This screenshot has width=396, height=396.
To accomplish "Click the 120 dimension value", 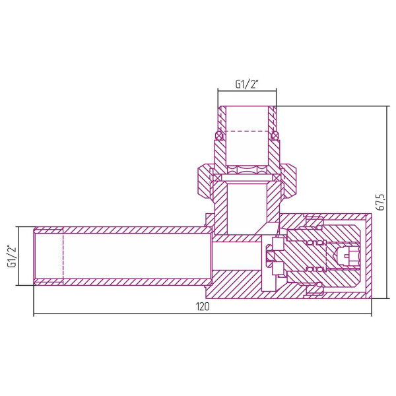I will click(203, 308).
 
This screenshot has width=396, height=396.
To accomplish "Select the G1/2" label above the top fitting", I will click(246, 84).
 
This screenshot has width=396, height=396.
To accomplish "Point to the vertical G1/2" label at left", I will click(11, 256).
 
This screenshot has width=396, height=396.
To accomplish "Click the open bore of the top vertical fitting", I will click(246, 119).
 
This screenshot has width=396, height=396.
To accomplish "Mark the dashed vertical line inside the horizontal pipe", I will click(63, 256).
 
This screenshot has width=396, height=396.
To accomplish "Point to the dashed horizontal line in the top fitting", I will click(246, 132).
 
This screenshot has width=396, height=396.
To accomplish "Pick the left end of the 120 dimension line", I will click(34, 315).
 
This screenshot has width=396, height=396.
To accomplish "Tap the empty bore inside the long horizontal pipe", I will click(132, 256).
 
